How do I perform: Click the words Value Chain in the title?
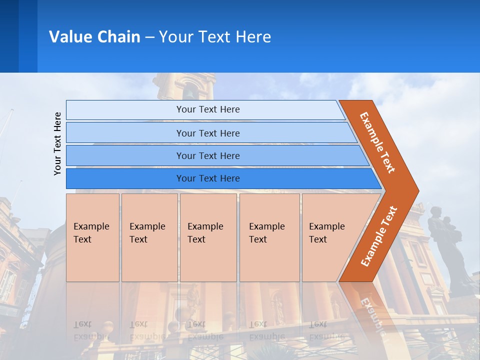click(x=94, y=37)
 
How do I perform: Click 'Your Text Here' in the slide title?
click(x=215, y=37)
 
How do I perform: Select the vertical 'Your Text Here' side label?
click(x=58, y=143)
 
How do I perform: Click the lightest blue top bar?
click(x=207, y=109)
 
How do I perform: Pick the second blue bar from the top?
click(x=207, y=133)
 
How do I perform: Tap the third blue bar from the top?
click(x=207, y=155)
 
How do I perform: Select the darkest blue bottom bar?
click(x=207, y=178)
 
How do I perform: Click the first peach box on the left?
click(x=92, y=237)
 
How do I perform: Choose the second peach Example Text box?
click(x=149, y=237)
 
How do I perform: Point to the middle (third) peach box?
click(x=208, y=237)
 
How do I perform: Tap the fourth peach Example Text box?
click(x=269, y=237)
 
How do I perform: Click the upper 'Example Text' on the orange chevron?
click(x=377, y=142)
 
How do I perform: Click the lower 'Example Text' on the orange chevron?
click(x=379, y=236)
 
